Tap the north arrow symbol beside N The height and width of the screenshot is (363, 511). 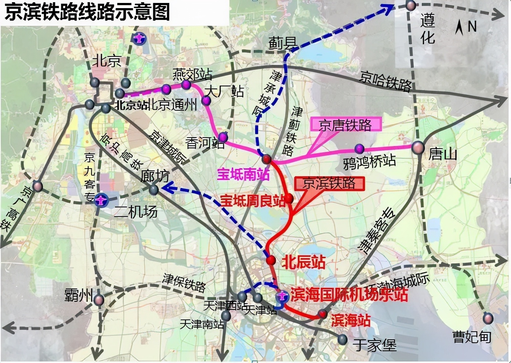click(x=459, y=28)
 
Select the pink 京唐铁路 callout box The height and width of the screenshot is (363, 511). click(x=345, y=125)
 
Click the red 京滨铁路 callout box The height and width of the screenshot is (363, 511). click(x=329, y=183)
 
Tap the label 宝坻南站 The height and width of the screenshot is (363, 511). click(x=243, y=174)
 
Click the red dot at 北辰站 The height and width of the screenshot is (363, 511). click(x=271, y=260)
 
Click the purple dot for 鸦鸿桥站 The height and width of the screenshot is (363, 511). click(x=359, y=149)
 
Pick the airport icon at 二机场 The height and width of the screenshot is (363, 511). click(x=100, y=201)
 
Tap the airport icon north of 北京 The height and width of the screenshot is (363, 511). click(x=139, y=38)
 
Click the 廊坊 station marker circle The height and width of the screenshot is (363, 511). click(x=154, y=190)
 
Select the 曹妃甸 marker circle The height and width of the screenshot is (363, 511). click(x=488, y=318)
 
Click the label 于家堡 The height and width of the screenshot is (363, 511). click(x=375, y=345)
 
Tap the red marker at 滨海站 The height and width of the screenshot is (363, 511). click(x=323, y=314)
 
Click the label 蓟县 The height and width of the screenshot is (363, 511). click(x=283, y=44)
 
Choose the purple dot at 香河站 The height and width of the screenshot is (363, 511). click(x=223, y=137)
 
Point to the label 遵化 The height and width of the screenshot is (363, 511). click(x=428, y=29)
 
